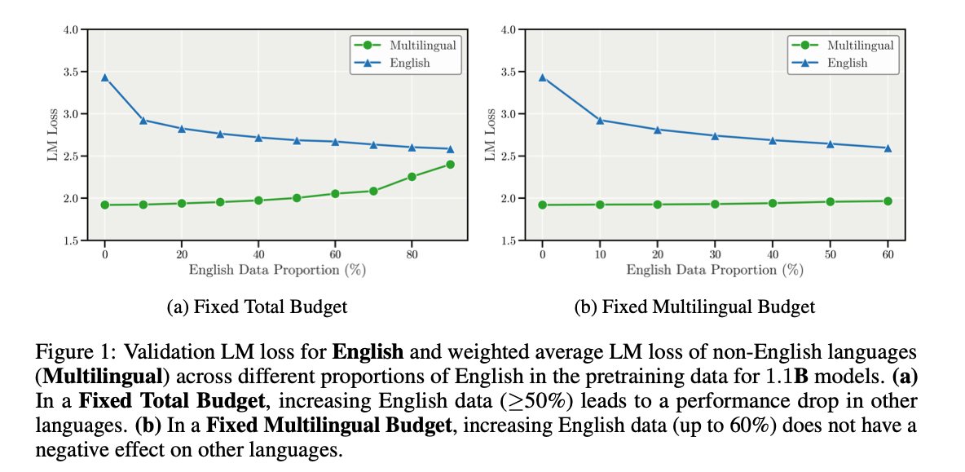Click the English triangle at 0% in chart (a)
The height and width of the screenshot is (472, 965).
105,77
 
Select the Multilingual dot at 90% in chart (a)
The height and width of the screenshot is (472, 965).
450,165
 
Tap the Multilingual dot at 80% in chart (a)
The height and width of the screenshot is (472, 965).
412,177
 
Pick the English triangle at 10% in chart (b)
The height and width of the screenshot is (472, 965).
600,120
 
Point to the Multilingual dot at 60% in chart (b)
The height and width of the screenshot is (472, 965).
888,201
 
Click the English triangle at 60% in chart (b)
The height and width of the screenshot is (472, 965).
888,148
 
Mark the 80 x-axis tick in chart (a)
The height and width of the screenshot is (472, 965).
412,255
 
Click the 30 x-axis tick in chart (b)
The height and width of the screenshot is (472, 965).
715,255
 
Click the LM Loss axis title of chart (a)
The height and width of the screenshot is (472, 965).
51,135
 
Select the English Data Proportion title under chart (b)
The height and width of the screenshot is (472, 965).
715,270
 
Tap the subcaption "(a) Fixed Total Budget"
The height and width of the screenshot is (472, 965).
257,307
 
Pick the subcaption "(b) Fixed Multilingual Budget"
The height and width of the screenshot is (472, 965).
694,307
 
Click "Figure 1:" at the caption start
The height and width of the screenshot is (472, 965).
74,354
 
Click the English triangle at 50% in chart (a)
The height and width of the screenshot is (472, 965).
297,140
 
